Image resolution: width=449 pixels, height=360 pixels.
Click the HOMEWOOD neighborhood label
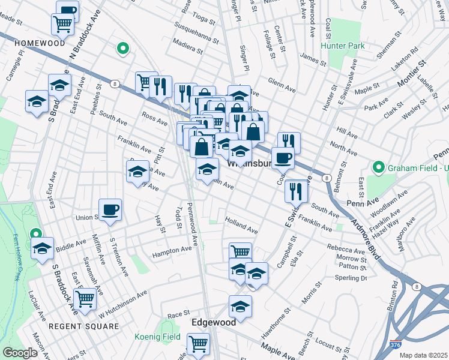(40, 43)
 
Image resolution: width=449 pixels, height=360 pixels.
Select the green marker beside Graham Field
(378, 166)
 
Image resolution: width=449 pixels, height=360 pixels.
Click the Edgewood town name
(213, 322)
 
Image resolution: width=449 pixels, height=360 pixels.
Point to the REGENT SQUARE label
(85, 326)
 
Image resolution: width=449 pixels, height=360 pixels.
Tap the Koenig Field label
(157, 337)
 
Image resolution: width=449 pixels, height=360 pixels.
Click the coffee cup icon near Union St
(110, 210)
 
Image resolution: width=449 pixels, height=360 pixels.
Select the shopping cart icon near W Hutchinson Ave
(86, 298)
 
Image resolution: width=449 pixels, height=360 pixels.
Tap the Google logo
(20, 353)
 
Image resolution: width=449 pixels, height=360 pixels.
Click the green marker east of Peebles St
(123, 49)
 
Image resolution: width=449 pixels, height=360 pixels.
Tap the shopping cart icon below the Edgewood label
(198, 344)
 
